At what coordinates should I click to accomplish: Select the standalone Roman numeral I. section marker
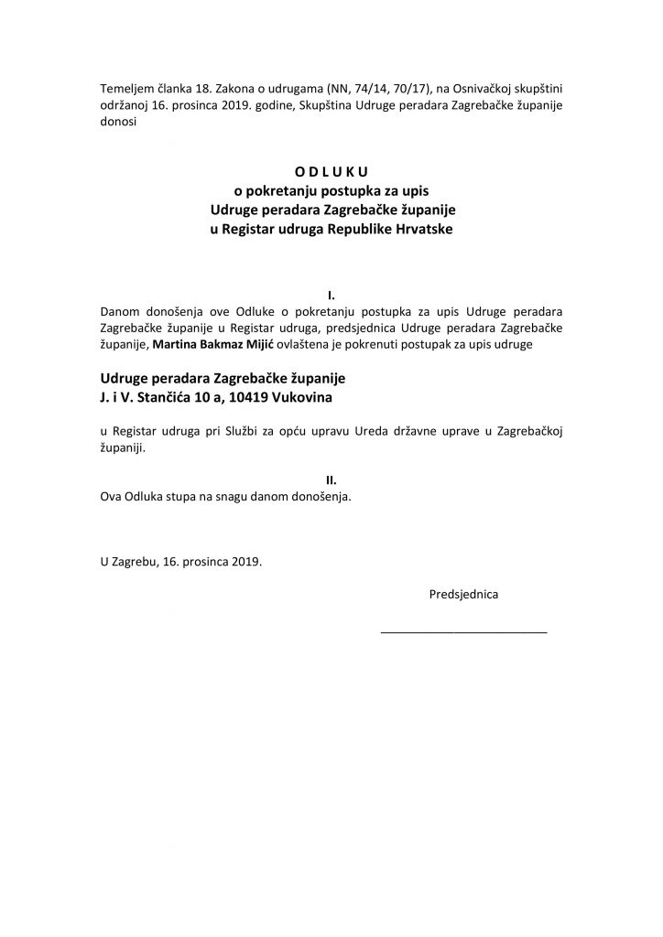click(331, 295)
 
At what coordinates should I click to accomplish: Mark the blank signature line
click(463, 632)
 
